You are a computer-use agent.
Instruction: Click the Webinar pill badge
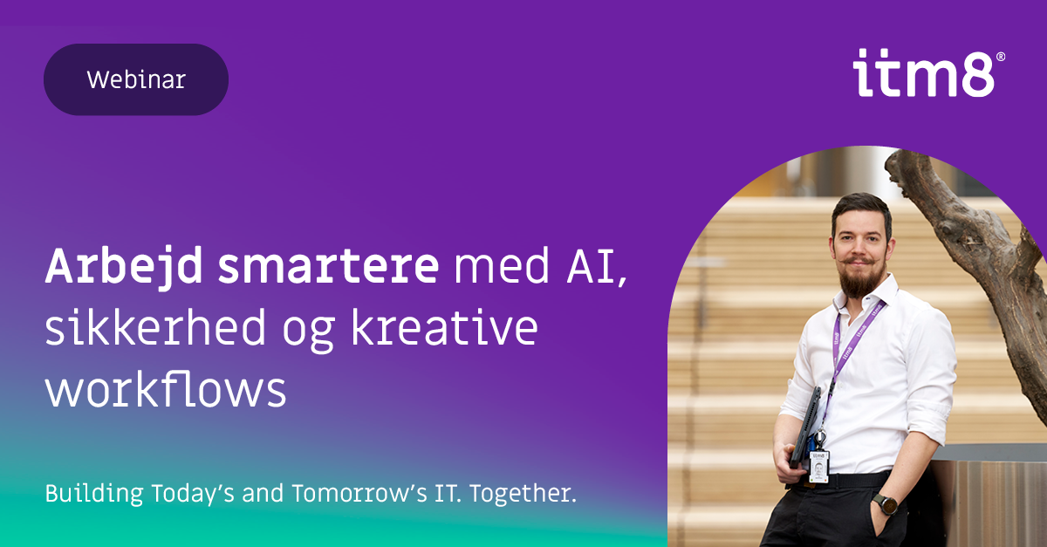(136, 79)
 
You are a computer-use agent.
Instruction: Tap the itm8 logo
(924, 73)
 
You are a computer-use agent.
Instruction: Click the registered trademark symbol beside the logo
(1001, 57)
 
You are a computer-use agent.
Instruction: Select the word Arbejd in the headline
(123, 266)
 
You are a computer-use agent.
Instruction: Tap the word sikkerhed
(155, 326)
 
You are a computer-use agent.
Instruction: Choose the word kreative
(444, 326)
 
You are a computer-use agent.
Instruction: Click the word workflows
(166, 388)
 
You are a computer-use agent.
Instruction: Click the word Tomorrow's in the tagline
(359, 493)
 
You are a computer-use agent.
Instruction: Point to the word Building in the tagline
(94, 494)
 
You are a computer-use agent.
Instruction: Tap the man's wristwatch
(886, 504)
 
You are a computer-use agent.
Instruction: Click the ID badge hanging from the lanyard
(818, 466)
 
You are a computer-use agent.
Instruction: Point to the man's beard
(860, 279)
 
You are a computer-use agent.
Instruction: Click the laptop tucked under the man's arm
(805, 427)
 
